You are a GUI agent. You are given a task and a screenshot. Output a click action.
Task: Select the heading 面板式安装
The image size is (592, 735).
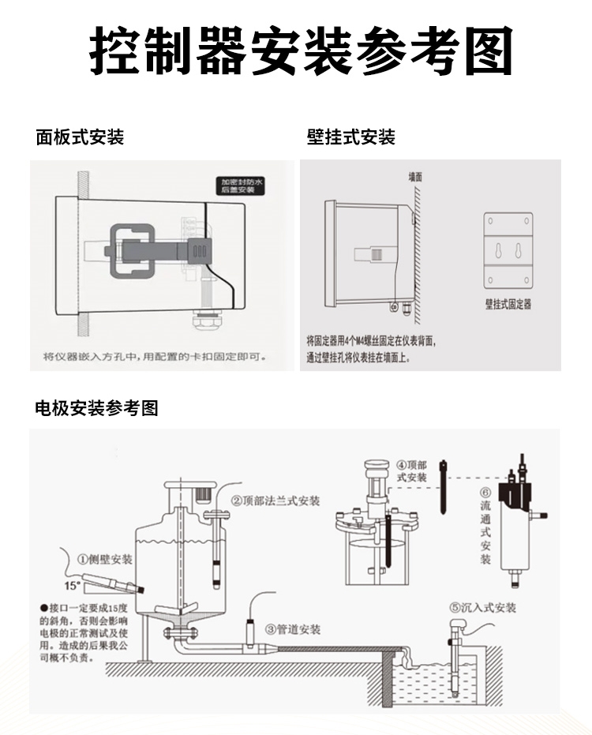pos(80,137)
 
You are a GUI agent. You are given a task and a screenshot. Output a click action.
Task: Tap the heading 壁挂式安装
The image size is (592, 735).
pos(350,137)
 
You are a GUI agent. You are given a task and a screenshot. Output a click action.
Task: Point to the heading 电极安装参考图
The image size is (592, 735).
pos(96,408)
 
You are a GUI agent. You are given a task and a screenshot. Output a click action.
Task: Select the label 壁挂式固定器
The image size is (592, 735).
pos(508,304)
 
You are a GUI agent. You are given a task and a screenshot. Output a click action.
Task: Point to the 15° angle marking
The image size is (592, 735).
pos(73,585)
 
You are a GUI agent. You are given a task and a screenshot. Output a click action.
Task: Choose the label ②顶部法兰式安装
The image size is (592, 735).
pos(275,501)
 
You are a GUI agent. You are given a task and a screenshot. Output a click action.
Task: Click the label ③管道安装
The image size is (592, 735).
pos(293,629)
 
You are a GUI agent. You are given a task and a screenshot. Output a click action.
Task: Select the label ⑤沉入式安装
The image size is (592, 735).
pos(482,608)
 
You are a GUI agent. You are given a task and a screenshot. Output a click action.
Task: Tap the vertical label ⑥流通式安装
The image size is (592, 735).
pos(485,525)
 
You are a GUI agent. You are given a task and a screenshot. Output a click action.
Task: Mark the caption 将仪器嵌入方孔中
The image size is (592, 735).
pos(155,357)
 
